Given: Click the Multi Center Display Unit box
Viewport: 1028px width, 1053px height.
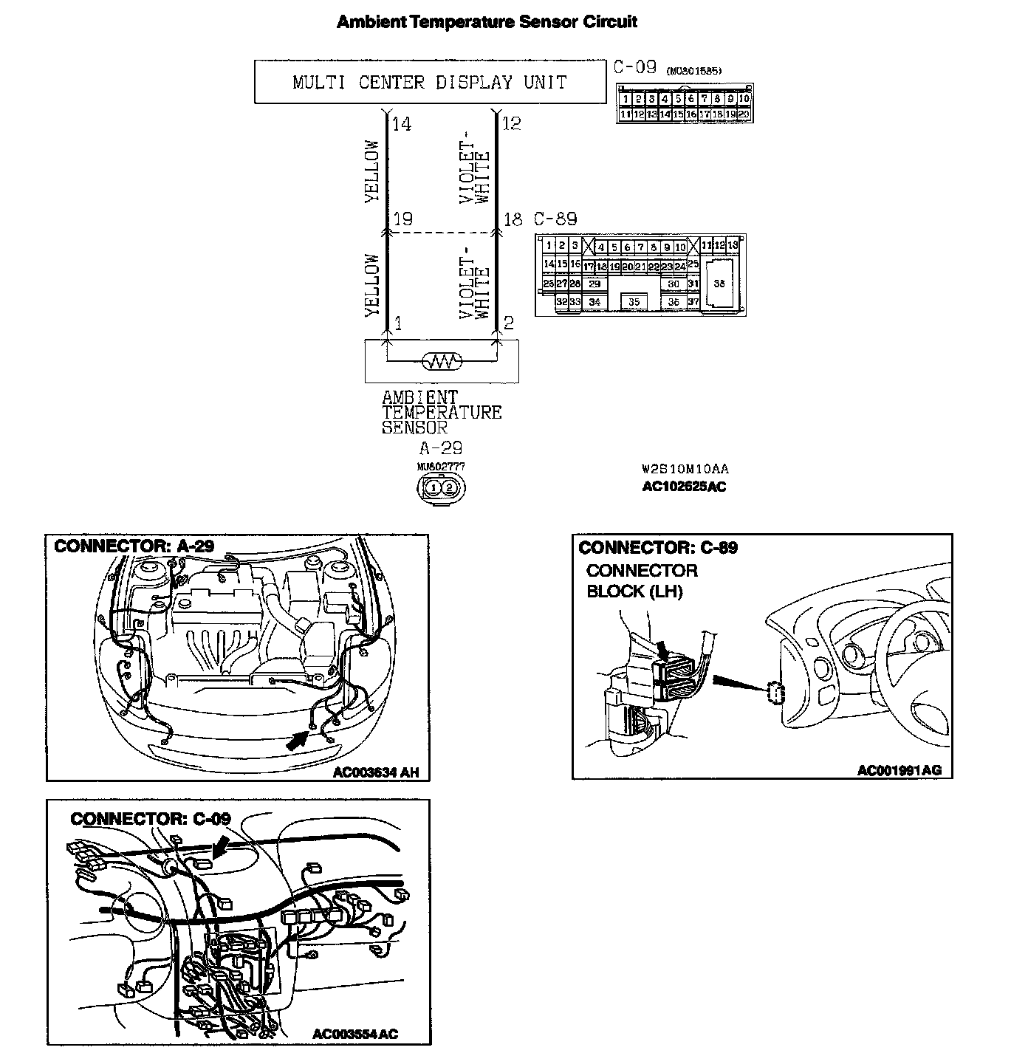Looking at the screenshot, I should (x=430, y=82).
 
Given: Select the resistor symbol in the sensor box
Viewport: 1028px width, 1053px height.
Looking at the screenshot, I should (x=441, y=362).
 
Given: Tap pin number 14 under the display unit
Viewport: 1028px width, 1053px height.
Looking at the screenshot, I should (x=402, y=124).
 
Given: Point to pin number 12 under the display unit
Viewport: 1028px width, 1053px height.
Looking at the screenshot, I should (x=511, y=124).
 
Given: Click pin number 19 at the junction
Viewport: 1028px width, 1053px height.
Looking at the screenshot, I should (x=402, y=219).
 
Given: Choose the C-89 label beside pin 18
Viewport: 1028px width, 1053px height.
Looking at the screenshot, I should (x=555, y=219).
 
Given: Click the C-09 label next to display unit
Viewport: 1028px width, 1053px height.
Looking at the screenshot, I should (x=634, y=68).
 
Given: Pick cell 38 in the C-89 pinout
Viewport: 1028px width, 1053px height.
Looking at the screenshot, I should (x=719, y=284).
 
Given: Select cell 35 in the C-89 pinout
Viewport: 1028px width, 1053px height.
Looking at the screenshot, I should (x=634, y=302).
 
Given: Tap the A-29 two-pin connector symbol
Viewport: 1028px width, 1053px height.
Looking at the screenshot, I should (x=441, y=487).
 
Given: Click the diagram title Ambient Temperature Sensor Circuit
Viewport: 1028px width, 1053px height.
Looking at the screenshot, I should (x=487, y=21).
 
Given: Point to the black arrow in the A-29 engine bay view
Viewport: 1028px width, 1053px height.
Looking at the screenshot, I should (x=297, y=739).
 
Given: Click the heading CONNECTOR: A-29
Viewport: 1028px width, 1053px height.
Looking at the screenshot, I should (x=134, y=546).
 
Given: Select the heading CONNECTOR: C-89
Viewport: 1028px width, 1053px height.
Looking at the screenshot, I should (x=658, y=548).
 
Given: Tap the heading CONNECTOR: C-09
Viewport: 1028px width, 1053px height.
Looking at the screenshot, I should (x=151, y=818).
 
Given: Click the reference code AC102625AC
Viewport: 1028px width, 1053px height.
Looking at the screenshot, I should (x=684, y=487).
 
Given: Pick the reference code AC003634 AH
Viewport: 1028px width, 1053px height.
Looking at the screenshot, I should (x=376, y=772).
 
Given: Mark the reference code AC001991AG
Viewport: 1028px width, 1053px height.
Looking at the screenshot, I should (x=899, y=771).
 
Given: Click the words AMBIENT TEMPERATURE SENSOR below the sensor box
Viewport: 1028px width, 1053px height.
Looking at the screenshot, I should (x=441, y=412).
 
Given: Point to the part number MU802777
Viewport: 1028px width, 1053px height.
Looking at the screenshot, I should (x=441, y=467).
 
